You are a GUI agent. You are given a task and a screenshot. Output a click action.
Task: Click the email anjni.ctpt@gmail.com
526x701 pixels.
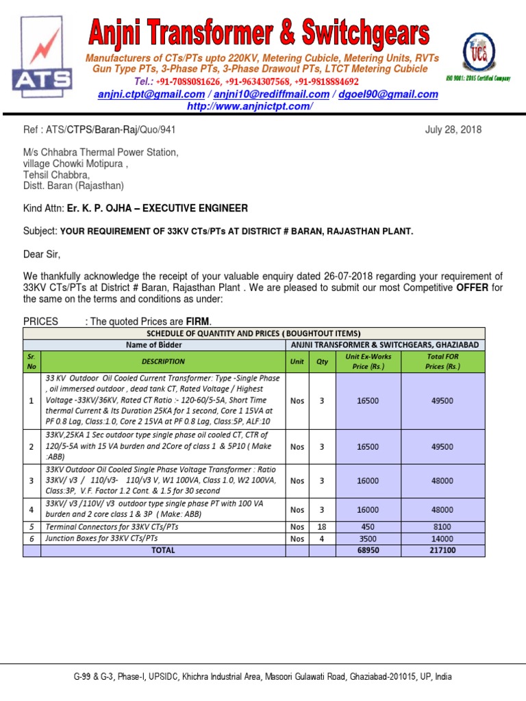click(x=151, y=94)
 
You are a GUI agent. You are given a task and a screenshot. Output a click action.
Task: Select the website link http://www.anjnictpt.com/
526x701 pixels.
click(x=250, y=106)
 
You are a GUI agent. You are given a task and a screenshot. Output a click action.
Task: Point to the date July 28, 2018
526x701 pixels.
click(x=453, y=129)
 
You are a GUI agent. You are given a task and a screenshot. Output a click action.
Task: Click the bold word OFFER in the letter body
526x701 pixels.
click(x=472, y=288)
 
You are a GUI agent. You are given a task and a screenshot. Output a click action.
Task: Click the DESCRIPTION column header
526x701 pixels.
click(x=163, y=361)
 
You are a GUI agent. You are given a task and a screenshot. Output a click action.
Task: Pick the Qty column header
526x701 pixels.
click(x=322, y=361)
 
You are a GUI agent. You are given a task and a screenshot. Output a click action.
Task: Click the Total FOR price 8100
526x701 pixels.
click(x=442, y=527)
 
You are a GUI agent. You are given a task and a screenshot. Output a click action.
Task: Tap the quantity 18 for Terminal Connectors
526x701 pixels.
click(x=322, y=527)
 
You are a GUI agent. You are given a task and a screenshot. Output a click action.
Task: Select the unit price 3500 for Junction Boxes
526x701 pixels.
click(x=367, y=539)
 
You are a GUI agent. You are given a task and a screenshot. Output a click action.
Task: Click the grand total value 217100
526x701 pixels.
click(x=442, y=550)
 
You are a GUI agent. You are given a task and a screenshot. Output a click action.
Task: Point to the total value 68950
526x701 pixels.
click(x=367, y=550)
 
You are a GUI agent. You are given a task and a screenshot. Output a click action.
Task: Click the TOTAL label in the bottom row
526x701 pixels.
click(x=163, y=550)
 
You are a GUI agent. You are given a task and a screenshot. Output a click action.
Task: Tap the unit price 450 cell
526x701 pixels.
click(x=367, y=527)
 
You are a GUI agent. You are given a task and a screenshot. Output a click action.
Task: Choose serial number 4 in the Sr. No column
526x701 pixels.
click(x=32, y=509)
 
